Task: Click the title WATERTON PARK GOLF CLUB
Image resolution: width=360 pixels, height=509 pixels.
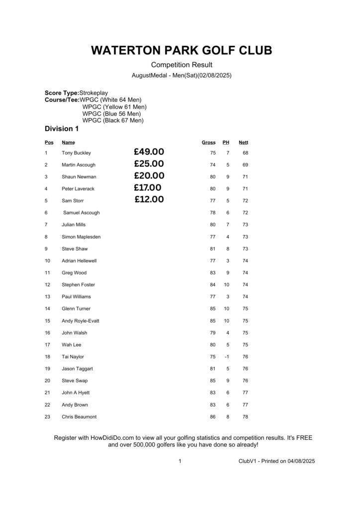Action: pyautogui.click(x=181, y=50)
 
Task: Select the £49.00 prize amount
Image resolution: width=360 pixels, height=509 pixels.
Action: pyautogui.click(x=149, y=152)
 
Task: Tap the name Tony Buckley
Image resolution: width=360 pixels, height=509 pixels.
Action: pyautogui.click(x=76, y=153)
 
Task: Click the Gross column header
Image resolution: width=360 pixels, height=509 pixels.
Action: pyautogui.click(x=208, y=143)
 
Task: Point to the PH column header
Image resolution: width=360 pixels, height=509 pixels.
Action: pyautogui.click(x=226, y=143)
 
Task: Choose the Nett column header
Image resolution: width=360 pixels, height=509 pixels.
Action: pyautogui.click(x=243, y=143)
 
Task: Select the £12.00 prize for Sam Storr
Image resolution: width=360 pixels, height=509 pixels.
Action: pyautogui.click(x=149, y=200)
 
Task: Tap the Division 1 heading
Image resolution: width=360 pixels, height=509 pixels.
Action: pyautogui.click(x=62, y=129)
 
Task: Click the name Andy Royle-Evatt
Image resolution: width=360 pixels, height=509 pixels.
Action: pyautogui.click(x=81, y=321)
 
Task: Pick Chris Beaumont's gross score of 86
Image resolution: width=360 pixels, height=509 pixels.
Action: pyautogui.click(x=213, y=417)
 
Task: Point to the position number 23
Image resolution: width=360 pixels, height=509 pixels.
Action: pyautogui.click(x=47, y=417)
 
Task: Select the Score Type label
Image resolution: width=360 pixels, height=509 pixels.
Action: pyautogui.click(x=62, y=93)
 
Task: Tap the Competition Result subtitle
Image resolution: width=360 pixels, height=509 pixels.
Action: pyautogui.click(x=181, y=65)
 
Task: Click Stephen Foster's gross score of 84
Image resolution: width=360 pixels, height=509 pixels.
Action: pyautogui.click(x=213, y=285)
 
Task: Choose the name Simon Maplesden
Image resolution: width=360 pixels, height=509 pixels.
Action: pyautogui.click(x=81, y=237)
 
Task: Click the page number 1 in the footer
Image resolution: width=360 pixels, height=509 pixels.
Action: pyautogui.click(x=180, y=461)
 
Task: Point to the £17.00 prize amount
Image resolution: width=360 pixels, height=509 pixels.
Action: pyautogui.click(x=147, y=188)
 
